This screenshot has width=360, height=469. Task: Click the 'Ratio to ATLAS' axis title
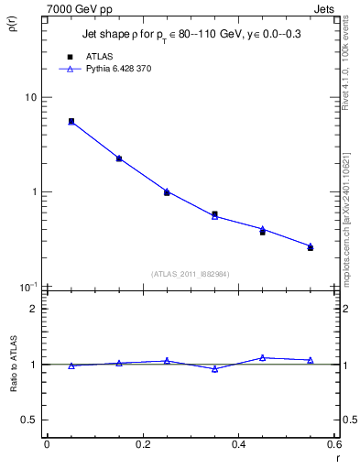[x=13, y=380]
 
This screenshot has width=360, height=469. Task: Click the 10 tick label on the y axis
[x=31, y=97]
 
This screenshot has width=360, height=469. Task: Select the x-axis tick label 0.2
[x=143, y=444]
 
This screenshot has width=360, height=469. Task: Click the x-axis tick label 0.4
[x=239, y=444]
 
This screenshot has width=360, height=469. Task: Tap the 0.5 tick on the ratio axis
[x=30, y=420]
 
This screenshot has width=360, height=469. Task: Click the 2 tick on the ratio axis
[x=34, y=309]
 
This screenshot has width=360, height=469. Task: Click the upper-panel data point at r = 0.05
[x=71, y=121]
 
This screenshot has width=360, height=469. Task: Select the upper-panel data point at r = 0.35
[x=214, y=214]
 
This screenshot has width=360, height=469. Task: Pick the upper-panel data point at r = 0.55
[x=311, y=247]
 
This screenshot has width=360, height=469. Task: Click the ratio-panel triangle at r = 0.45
[x=262, y=357]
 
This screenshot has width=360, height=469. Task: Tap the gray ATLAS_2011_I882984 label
[x=191, y=273]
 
